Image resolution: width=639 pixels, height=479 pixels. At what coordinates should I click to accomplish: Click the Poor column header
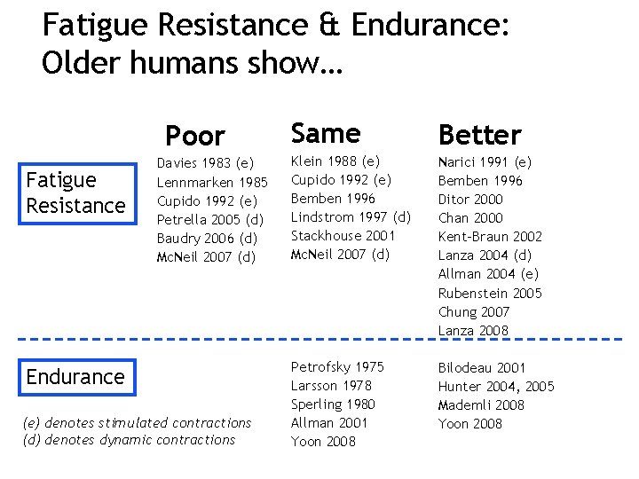[195, 137]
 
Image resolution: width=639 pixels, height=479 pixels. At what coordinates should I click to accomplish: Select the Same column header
[325, 134]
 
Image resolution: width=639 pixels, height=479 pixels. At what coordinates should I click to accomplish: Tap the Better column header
[479, 136]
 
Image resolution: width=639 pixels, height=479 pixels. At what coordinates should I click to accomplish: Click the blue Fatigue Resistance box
[75, 192]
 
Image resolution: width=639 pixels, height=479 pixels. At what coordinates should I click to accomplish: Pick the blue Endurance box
[75, 377]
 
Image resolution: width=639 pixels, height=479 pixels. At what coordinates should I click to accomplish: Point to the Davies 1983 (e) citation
[205, 163]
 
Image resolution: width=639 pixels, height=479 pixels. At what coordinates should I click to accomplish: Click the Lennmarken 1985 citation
[212, 182]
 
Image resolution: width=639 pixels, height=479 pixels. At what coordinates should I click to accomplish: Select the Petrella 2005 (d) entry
[210, 219]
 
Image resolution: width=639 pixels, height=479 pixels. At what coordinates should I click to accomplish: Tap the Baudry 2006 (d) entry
[207, 238]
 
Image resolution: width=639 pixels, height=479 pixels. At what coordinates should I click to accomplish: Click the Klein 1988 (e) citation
[335, 161]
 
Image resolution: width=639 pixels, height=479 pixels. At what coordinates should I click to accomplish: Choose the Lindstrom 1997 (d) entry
[351, 217]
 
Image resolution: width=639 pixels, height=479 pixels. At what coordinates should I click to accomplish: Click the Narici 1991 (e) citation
[485, 162]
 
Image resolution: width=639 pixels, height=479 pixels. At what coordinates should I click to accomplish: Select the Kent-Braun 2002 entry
[489, 237]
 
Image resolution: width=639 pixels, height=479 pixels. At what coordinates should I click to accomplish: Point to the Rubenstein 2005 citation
[489, 294]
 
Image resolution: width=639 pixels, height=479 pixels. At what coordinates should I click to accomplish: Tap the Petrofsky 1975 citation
[337, 367]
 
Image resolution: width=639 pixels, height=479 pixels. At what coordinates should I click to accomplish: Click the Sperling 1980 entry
[333, 404]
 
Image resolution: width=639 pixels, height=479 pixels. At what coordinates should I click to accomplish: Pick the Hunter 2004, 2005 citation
[495, 386]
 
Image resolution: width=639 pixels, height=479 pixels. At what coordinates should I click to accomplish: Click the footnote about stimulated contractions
[137, 423]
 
